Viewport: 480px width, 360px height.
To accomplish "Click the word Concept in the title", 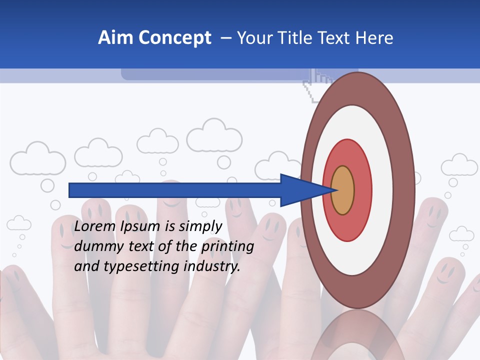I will click(174, 38).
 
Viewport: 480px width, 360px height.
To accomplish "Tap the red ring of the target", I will click(362, 190).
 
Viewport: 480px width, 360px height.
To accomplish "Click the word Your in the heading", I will click(252, 38).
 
